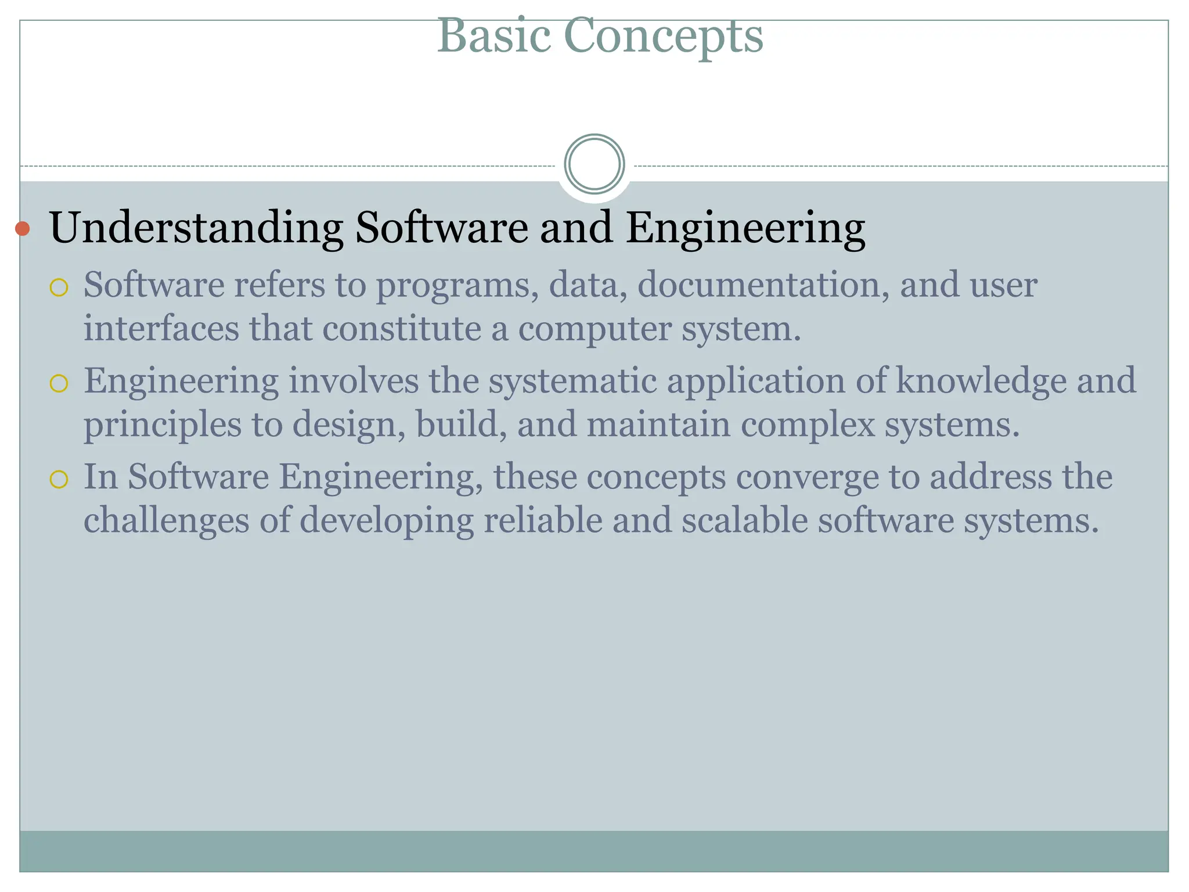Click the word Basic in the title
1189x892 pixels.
[x=493, y=36]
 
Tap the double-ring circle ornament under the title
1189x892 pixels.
[x=594, y=164]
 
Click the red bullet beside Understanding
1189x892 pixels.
[x=23, y=229]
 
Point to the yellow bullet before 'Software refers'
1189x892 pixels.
[x=59, y=287]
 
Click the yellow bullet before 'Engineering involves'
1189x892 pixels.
[x=59, y=383]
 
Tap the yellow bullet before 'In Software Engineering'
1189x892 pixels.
[x=59, y=479]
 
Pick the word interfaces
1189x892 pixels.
[x=161, y=328]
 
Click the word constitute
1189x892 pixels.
[x=401, y=328]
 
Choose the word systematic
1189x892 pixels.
[x=571, y=382]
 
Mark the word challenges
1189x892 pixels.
[x=166, y=521]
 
